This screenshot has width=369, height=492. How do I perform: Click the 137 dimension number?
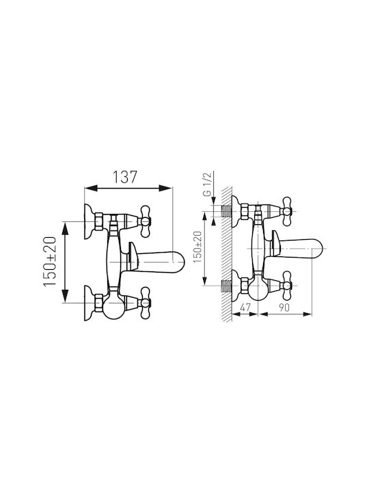pos(125,177)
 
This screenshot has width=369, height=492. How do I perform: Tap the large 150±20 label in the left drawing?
pos(50,262)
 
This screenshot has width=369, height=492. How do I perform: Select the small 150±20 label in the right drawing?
pos(197,247)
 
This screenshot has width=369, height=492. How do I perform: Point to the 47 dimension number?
pos(245,307)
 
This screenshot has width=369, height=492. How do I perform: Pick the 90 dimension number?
pos(284,307)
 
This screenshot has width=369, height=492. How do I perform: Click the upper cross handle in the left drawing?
pos(145,221)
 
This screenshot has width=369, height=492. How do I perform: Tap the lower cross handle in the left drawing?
pos(145,303)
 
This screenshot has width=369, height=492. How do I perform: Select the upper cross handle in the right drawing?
pos(287,211)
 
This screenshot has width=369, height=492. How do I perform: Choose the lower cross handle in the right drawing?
pos(287,286)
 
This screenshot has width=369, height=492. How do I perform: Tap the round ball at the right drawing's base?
pos(258,288)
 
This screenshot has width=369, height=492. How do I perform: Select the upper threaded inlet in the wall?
pos(227,211)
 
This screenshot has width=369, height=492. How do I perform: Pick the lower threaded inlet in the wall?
pos(227,286)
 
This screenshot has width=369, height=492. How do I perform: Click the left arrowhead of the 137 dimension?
pos(91,188)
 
